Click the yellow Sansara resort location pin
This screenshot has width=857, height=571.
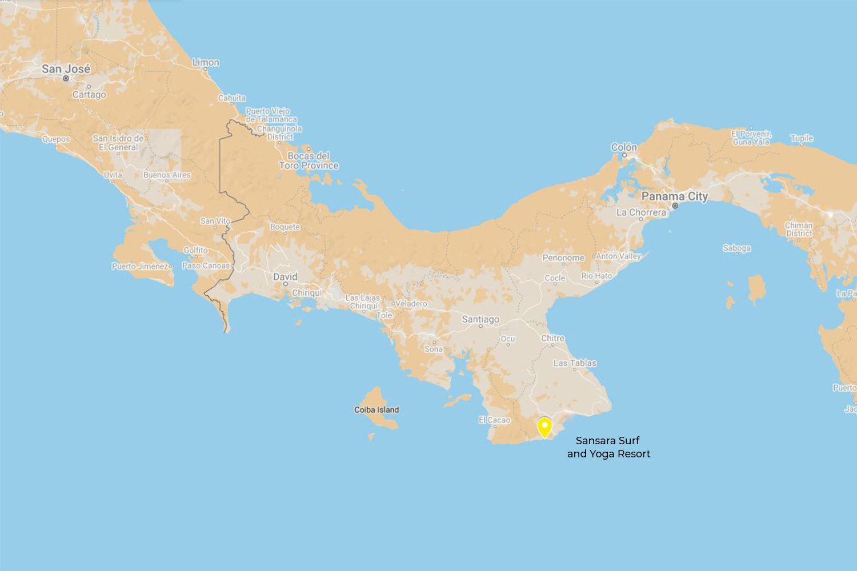click(x=544, y=427)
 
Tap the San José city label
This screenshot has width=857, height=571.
click(x=66, y=69)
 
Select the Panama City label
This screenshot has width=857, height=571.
click(x=674, y=196)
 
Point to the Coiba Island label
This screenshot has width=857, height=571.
click(x=377, y=409)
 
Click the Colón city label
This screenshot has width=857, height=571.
click(x=624, y=147)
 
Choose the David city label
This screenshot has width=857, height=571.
click(x=285, y=276)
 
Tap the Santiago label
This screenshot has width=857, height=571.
click(x=480, y=319)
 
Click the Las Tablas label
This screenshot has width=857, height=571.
click(x=574, y=363)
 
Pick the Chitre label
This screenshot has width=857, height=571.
click(x=552, y=338)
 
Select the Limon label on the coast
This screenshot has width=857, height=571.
click(x=206, y=62)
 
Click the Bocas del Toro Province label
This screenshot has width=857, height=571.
click(x=309, y=160)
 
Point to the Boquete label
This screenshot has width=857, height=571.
click(x=285, y=227)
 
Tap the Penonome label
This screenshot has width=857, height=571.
click(x=563, y=258)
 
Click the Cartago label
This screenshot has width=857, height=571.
click(x=89, y=94)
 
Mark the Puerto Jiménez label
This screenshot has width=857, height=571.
click(x=140, y=266)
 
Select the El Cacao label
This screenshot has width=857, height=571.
click(x=494, y=420)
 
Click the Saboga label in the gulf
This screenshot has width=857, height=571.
click(x=736, y=248)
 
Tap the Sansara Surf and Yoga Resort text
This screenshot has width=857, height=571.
click(x=608, y=447)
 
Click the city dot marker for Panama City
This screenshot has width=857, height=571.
click(x=675, y=206)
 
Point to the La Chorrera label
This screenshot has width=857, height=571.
click(x=641, y=212)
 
